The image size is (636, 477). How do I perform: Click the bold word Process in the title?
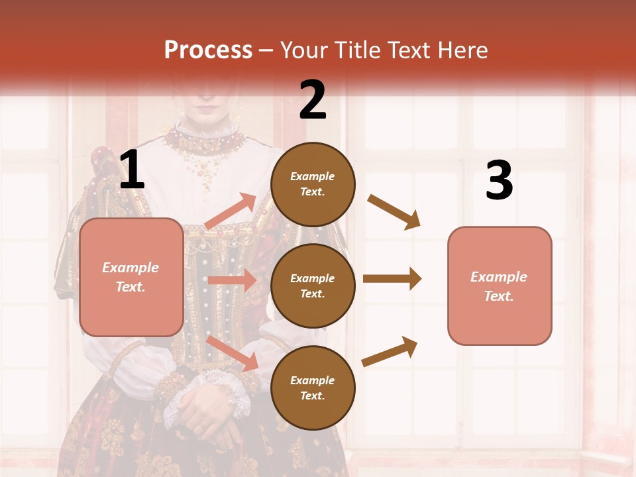208,50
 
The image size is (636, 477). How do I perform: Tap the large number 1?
132,170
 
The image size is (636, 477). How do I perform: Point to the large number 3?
499,180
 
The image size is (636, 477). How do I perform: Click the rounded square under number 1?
131,277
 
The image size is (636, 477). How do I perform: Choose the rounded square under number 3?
500,286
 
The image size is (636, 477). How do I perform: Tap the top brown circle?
313,184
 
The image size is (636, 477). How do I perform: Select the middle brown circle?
313,286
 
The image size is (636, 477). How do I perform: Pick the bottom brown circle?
313,388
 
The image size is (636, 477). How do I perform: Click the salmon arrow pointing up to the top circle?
231,212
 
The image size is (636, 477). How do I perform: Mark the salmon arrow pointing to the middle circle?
232,280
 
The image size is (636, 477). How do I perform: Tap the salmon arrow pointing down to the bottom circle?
233,353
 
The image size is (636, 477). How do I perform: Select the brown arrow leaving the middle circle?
392,278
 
